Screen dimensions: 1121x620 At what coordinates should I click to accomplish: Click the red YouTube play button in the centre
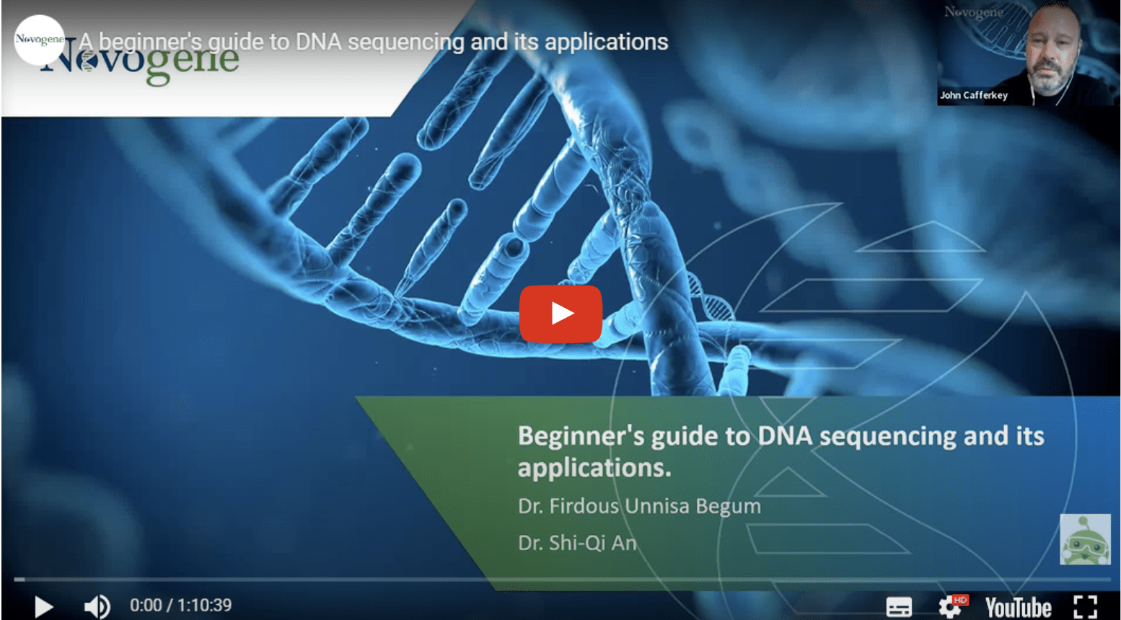[x=560, y=314]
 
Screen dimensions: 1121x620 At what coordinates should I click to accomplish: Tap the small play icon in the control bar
[x=43, y=606]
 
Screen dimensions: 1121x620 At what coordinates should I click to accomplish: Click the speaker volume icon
[x=97, y=606]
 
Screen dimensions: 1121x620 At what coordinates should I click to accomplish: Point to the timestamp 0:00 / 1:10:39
[x=180, y=606]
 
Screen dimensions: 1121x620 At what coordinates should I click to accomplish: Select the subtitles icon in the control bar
[x=899, y=607]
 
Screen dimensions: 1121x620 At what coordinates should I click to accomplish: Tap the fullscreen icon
[x=1086, y=607]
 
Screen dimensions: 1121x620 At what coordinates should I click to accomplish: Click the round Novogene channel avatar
[x=39, y=40]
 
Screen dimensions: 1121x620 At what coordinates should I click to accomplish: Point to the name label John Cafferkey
[x=973, y=95]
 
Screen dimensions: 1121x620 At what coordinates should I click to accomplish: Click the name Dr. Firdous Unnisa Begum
[x=639, y=506]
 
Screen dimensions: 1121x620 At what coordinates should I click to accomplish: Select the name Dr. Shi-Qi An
[x=577, y=543]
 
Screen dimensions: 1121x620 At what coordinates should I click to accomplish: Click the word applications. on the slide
[x=594, y=468]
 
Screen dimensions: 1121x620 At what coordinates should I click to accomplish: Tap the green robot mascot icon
[x=1085, y=539]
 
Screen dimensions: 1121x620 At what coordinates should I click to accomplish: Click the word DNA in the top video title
[x=318, y=42]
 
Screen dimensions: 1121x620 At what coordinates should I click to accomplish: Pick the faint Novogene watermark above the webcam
[x=973, y=12]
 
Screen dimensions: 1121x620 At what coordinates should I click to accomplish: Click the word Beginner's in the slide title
[x=581, y=436]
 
